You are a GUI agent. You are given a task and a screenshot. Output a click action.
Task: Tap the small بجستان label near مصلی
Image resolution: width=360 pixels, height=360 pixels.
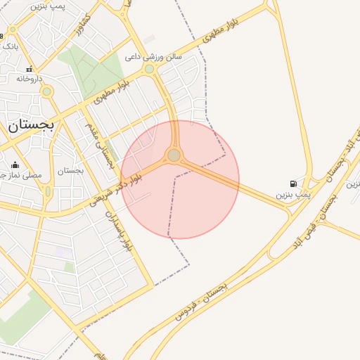click(70, 170)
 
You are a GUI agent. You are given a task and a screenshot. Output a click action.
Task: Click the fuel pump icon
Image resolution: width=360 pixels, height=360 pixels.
click(293, 184)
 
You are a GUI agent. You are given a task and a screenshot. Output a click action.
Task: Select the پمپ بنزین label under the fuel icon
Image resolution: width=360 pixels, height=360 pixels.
click(292, 193)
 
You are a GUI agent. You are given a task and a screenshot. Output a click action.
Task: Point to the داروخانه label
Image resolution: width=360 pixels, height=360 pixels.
click(30, 79)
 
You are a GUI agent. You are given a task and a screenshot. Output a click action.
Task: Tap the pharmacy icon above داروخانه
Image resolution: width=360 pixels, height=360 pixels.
click(30, 69)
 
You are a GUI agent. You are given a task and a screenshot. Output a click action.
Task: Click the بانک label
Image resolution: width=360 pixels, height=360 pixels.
click(9, 46)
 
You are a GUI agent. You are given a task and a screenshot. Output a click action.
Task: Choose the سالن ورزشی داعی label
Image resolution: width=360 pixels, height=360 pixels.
click(153, 56)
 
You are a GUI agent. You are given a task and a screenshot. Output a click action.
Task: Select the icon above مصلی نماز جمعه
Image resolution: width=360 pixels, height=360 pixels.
click(15, 165)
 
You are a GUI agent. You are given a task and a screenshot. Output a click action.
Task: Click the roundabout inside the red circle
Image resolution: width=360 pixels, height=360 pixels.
click(174, 155)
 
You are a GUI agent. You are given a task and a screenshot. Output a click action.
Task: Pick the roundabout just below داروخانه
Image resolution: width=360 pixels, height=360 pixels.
click(47, 91)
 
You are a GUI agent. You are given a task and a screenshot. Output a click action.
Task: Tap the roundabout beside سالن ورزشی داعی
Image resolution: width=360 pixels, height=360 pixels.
click(149, 69)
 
